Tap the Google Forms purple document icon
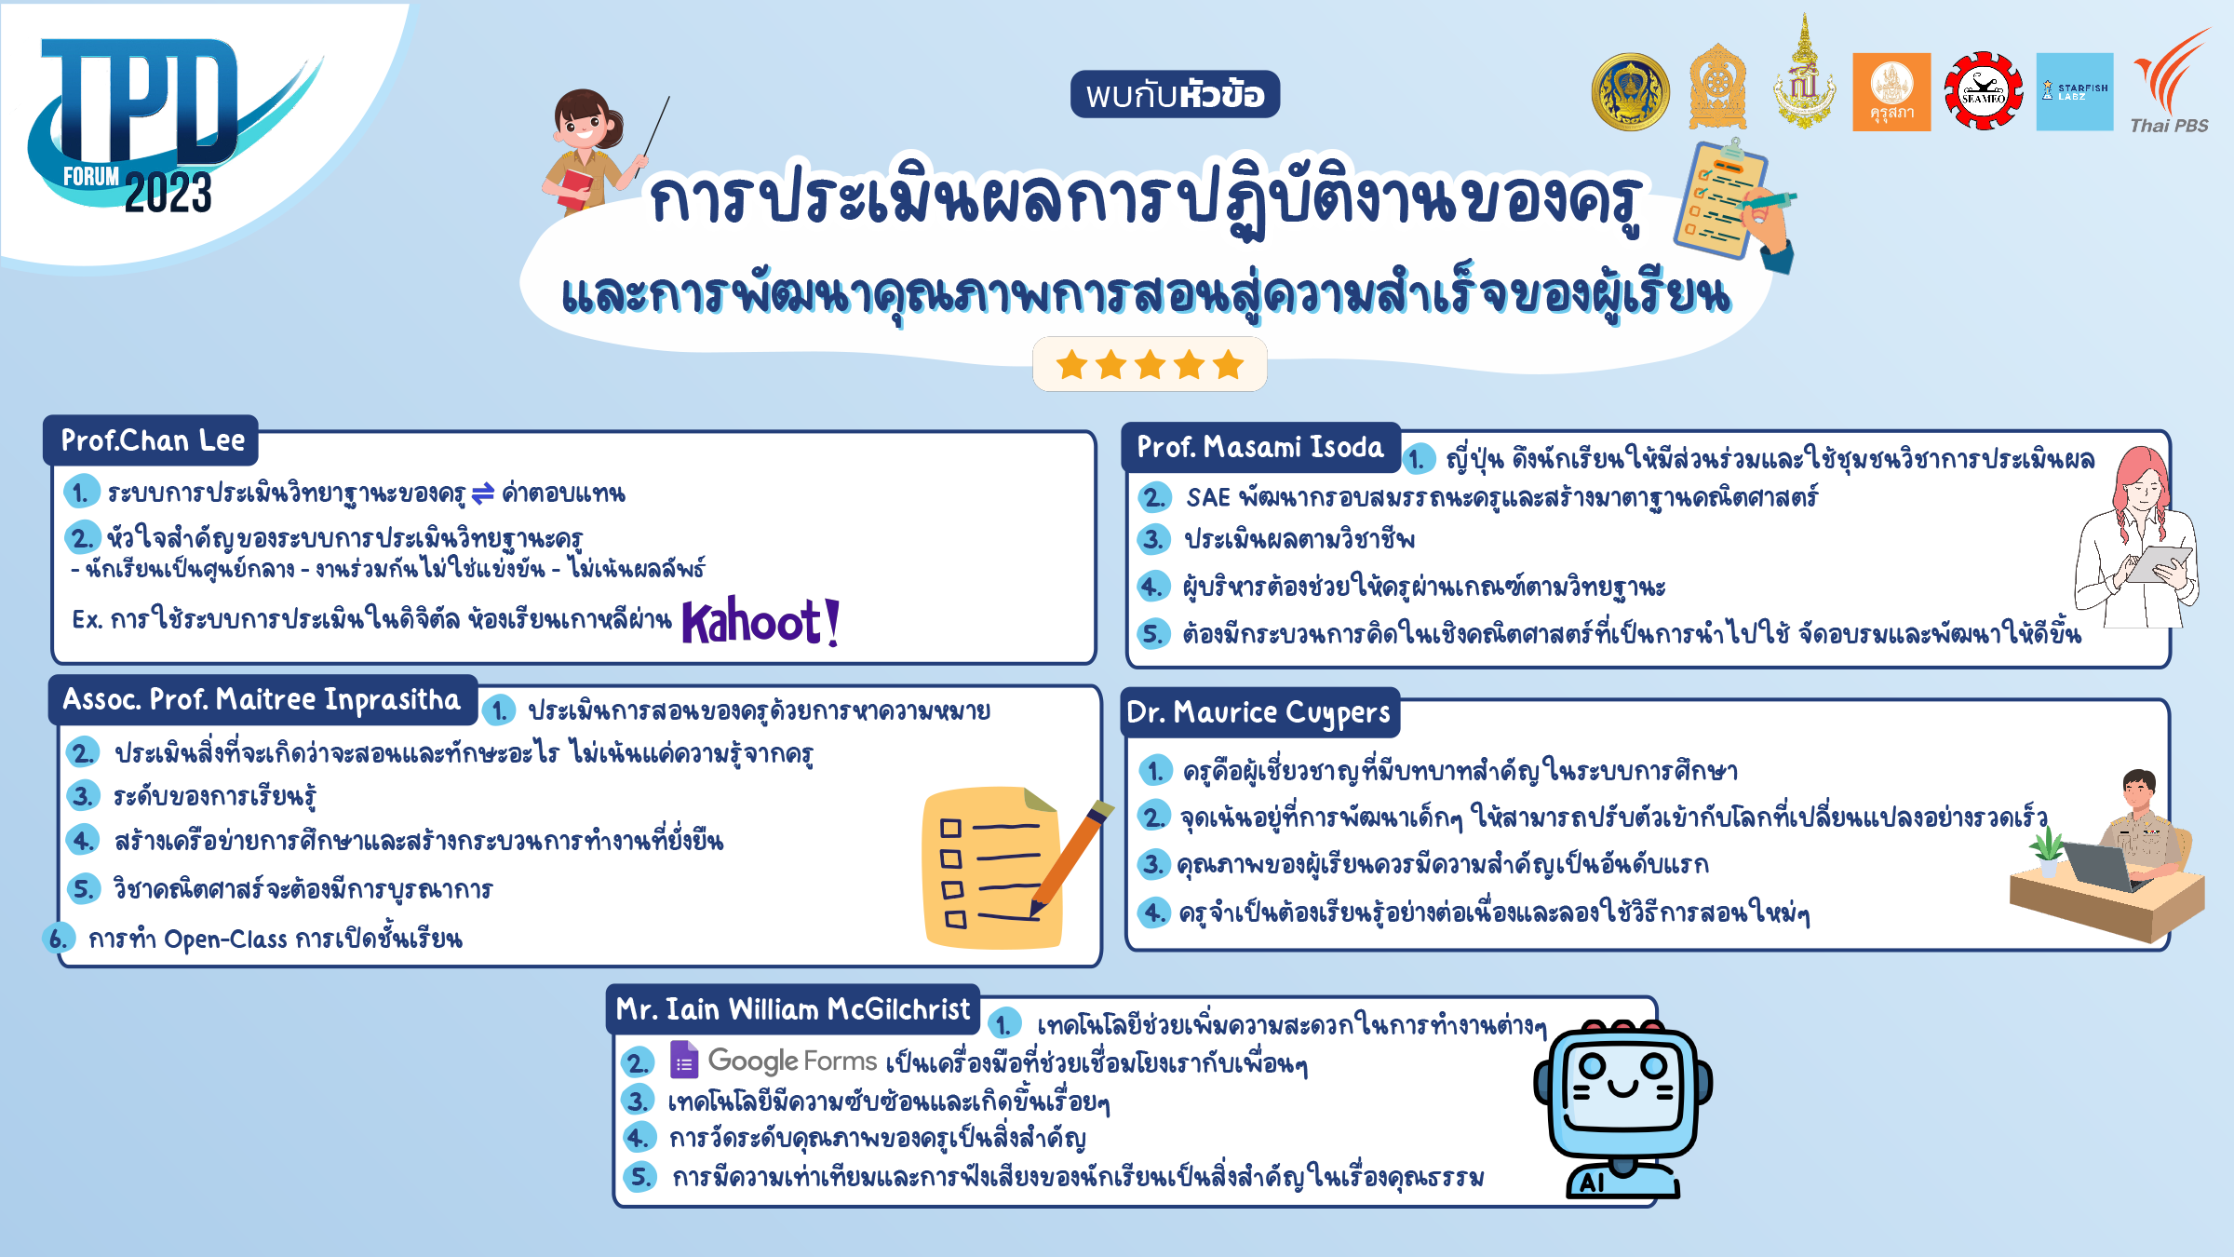[x=684, y=1060]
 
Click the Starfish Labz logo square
[x=2075, y=91]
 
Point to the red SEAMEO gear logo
[x=1983, y=91]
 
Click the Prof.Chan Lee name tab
[x=152, y=440]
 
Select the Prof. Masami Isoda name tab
[x=1260, y=447]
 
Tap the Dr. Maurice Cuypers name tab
[x=1258, y=712]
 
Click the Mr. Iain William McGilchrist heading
[x=792, y=1009]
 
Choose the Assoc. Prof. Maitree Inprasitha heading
[x=262, y=699]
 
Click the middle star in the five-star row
[x=1150, y=364]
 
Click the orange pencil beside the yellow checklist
[x=1070, y=857]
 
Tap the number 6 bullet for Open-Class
[x=58, y=939]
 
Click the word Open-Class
[x=225, y=939]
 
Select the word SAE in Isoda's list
[x=1208, y=498]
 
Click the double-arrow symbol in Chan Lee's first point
[x=483, y=493]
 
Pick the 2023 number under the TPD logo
[x=168, y=194]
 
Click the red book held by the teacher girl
[x=575, y=187]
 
